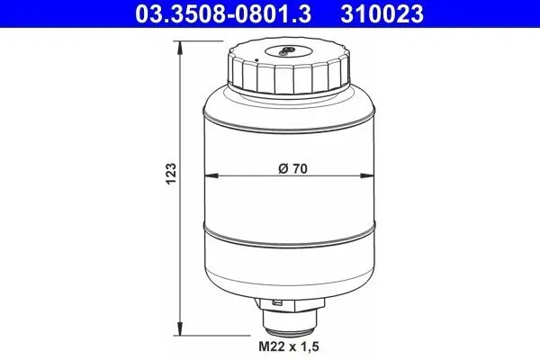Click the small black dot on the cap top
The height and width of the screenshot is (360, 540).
(256, 60)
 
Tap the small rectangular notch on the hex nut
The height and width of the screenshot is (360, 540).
(280, 303)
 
